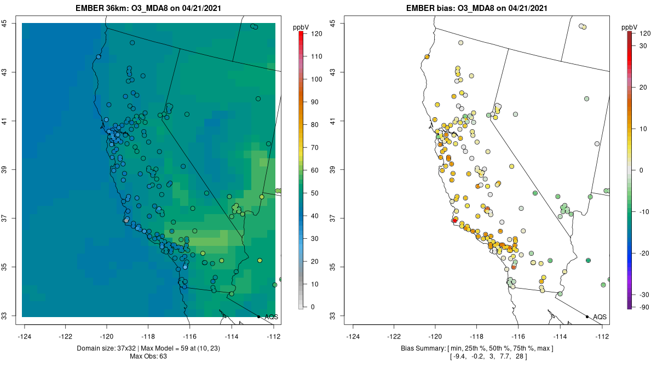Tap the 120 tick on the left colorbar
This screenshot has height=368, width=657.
pyautogui.click(x=316, y=33)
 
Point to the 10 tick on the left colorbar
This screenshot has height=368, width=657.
pyautogui.click(x=315, y=284)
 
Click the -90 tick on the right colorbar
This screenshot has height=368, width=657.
pyautogui.click(x=643, y=307)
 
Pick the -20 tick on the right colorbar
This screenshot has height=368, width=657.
pyautogui.click(x=643, y=254)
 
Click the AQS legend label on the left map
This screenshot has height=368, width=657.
pyautogui.click(x=271, y=317)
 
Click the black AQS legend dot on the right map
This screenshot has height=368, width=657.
pyautogui.click(x=587, y=317)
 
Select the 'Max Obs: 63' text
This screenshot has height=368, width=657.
pyautogui.click(x=148, y=357)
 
